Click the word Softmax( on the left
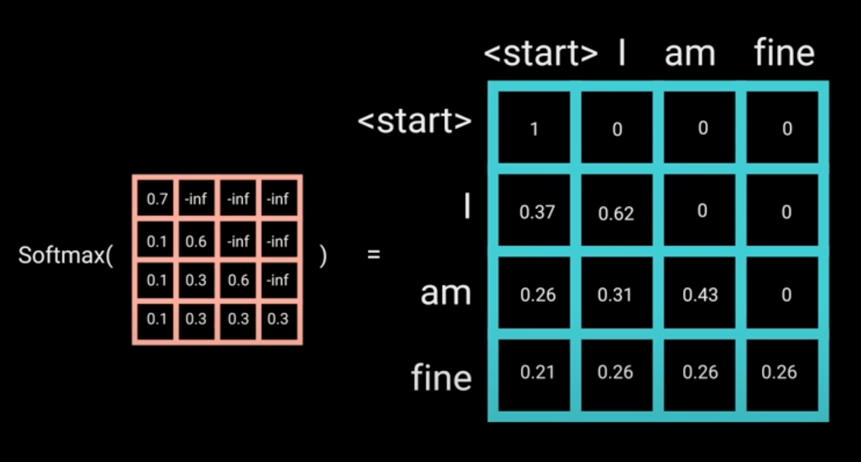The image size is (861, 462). [65, 256]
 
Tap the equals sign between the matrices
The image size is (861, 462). [374, 255]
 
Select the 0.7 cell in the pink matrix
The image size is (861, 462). [157, 199]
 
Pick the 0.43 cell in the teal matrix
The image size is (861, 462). [700, 295]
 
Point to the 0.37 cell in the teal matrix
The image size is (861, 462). [537, 212]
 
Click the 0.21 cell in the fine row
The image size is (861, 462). [537, 373]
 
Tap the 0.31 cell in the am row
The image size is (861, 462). [615, 295]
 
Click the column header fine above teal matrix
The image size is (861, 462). [784, 53]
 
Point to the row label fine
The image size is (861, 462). [441, 378]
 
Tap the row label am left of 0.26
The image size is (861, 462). [446, 294]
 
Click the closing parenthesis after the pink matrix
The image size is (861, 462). [323, 256]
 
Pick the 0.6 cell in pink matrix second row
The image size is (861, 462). [196, 241]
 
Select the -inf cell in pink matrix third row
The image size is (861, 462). [278, 280]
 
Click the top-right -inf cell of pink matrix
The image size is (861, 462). [278, 199]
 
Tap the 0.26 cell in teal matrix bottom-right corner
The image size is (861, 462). [779, 373]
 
